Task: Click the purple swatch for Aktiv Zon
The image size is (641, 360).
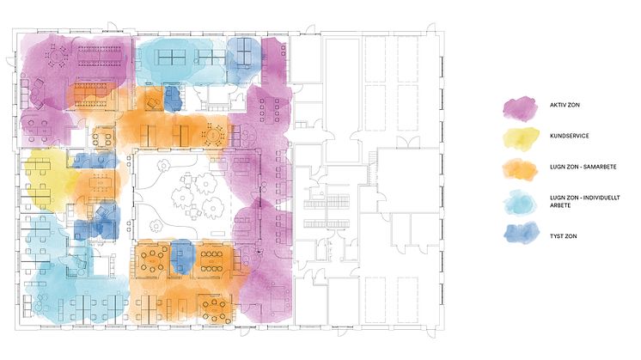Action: (x=521, y=109)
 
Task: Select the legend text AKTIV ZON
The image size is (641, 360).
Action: (x=565, y=105)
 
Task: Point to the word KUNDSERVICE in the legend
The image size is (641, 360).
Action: (x=570, y=136)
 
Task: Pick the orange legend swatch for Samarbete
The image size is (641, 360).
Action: (x=520, y=169)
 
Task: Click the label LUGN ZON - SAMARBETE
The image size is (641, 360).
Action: (x=583, y=167)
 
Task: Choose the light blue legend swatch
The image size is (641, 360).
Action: (x=520, y=202)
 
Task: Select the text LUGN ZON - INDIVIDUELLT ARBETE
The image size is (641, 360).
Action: (x=584, y=201)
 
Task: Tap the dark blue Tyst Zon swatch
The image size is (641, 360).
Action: (x=522, y=233)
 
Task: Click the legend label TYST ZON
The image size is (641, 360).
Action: (x=564, y=236)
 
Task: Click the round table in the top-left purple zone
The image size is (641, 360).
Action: (x=57, y=57)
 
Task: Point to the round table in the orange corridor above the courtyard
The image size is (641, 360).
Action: (x=212, y=135)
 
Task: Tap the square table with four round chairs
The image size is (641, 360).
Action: (x=101, y=137)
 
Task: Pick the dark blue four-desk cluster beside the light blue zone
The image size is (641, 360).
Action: (x=244, y=52)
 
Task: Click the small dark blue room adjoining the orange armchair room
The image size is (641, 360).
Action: (x=173, y=98)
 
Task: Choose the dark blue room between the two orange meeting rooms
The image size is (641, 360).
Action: (x=182, y=257)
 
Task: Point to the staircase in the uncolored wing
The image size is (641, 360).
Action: (x=371, y=168)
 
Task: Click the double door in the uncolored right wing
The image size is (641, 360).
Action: (x=407, y=143)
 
